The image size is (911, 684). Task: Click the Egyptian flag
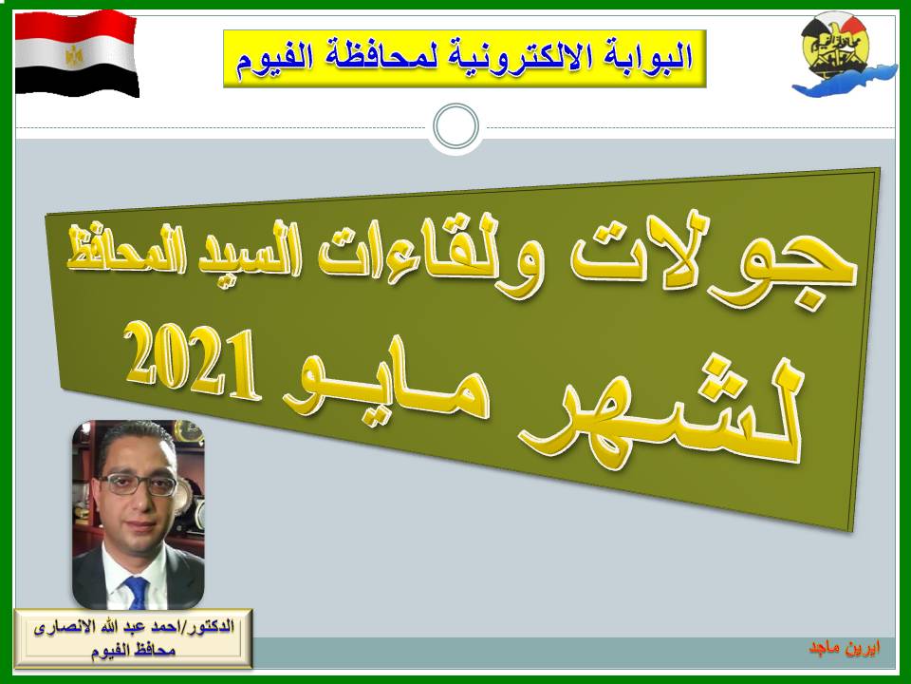(x=76, y=53)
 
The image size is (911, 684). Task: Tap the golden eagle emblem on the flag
(x=74, y=56)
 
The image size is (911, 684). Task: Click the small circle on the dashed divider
(x=456, y=126)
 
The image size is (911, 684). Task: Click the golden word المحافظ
(x=126, y=251)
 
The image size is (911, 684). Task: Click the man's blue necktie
(x=137, y=593)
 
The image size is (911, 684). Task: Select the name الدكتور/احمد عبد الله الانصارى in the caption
(x=134, y=628)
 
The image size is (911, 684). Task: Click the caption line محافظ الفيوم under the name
(x=133, y=650)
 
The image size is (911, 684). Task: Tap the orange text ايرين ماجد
(x=845, y=647)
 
